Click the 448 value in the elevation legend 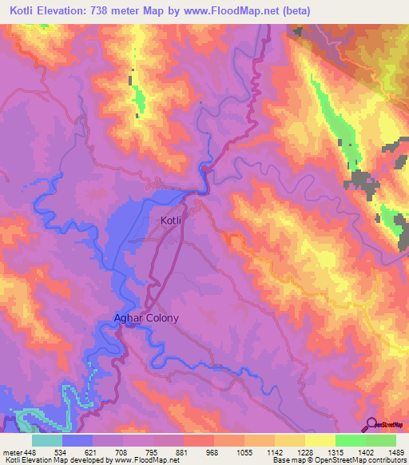click(30, 452)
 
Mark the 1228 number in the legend click(305, 452)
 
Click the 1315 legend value click(336, 452)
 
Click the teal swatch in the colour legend click(47, 440)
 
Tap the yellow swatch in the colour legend click(320, 440)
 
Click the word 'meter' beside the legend click(11, 452)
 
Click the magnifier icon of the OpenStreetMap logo click(370, 425)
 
